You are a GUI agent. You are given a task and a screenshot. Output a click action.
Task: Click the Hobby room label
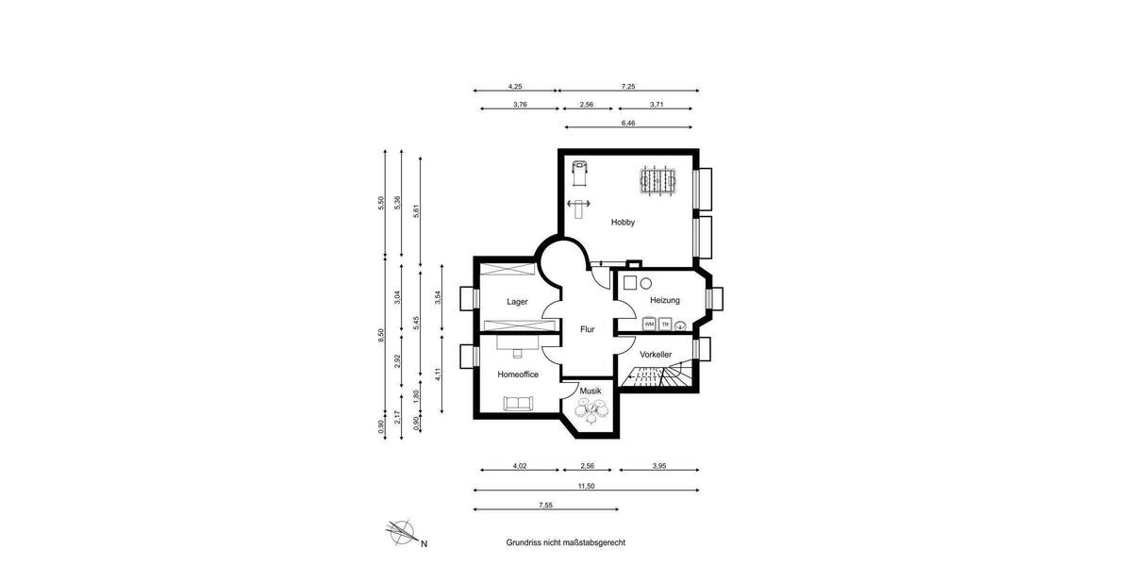623,223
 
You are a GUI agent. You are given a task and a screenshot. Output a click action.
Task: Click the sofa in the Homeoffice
518,403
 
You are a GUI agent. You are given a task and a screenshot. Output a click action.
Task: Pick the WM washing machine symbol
649,325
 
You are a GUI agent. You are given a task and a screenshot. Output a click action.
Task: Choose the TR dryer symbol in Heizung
665,325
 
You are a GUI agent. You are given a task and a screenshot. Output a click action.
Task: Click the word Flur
587,329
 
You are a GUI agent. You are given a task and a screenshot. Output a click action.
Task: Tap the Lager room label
517,302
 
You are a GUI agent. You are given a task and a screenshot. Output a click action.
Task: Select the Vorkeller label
655,354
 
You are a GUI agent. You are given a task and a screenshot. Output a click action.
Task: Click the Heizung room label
664,300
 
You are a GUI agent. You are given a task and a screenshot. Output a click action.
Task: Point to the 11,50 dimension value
587,486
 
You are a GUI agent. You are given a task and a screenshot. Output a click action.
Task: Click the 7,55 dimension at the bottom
545,506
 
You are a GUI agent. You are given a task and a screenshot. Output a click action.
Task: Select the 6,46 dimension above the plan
628,123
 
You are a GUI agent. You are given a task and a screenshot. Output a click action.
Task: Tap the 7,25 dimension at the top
628,86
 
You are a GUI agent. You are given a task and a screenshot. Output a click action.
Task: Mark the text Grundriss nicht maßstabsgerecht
565,542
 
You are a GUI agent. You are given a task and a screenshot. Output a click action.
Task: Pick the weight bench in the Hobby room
577,204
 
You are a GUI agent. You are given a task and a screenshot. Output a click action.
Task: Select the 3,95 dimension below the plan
658,466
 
